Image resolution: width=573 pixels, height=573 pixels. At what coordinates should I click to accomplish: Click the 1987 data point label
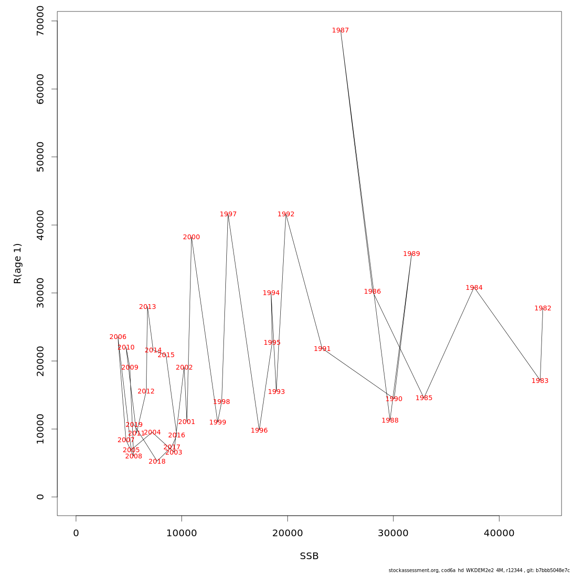point(340,31)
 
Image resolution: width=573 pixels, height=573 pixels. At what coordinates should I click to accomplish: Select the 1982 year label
point(543,308)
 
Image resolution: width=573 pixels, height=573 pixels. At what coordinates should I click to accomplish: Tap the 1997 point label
point(228,214)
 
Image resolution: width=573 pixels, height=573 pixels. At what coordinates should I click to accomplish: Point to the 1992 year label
point(286,214)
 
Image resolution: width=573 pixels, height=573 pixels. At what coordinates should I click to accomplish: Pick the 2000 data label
point(191,237)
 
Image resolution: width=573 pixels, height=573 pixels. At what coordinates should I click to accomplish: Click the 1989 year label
point(412,254)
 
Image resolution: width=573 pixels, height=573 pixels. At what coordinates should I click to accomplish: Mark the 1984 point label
point(474,288)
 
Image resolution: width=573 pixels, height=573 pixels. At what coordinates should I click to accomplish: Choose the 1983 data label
point(540,381)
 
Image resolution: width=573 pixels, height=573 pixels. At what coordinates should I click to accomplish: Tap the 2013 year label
point(148,307)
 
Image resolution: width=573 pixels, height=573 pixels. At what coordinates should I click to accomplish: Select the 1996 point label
point(259,431)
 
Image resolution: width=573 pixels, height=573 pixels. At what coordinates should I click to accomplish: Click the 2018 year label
point(157,462)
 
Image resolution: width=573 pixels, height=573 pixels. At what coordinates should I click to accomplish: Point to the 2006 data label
point(118,337)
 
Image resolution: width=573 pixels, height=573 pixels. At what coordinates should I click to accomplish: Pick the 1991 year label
point(322,349)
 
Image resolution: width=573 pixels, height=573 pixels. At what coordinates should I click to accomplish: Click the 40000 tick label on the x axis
point(499,533)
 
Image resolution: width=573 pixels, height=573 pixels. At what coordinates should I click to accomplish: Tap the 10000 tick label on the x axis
point(181,533)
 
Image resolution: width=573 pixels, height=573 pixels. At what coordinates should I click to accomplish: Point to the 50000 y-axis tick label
point(40,157)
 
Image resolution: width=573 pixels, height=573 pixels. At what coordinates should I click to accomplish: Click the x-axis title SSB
point(309,556)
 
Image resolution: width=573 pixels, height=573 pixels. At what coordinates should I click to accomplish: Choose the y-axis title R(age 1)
point(18,263)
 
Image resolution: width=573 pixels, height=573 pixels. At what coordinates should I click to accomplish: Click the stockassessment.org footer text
point(479,570)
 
